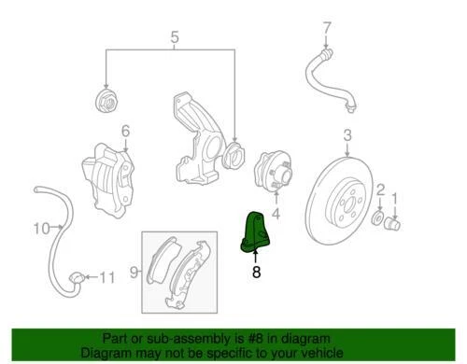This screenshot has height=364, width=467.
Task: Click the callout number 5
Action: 174,38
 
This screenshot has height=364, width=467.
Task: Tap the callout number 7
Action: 327,27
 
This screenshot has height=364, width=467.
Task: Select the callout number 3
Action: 347,136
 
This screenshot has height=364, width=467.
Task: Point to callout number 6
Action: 125,131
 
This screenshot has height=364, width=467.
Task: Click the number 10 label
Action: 41,228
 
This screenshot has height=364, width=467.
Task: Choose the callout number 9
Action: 134,272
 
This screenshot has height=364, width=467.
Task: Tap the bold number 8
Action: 256,273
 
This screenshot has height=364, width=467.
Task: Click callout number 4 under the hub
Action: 275,213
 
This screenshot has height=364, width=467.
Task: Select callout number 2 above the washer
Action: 380,191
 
